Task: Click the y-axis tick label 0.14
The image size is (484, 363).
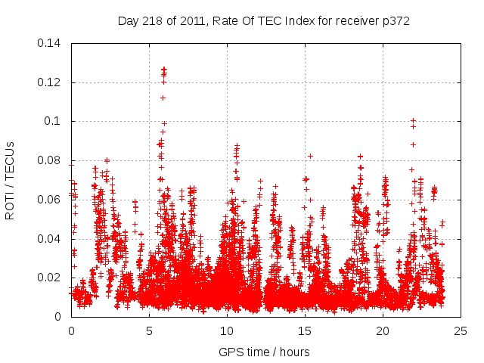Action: pos(51,43)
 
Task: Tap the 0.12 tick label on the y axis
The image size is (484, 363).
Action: pos(51,82)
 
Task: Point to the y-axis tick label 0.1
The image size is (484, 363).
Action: pos(54,121)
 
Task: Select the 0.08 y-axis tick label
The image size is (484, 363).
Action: pos(51,160)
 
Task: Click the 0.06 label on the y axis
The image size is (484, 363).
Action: pos(51,200)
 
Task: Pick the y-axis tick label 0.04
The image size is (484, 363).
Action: pos(51,239)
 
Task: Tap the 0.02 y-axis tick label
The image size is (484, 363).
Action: pos(51,278)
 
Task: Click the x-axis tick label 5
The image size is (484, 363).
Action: pos(149,331)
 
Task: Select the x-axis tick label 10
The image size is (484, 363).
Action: pos(227,331)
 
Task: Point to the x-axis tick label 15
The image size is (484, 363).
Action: pos(305,331)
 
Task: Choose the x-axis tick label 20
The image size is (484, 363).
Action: pos(383,331)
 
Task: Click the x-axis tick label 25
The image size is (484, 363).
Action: pos(461,331)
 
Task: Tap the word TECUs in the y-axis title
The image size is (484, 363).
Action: pos(11,164)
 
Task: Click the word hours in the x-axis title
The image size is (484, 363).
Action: pos(293,352)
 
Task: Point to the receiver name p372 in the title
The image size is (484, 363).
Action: pos(394,20)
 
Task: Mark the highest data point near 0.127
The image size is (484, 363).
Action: pos(163,68)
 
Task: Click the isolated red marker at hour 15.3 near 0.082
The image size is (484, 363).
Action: pos(310,156)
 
